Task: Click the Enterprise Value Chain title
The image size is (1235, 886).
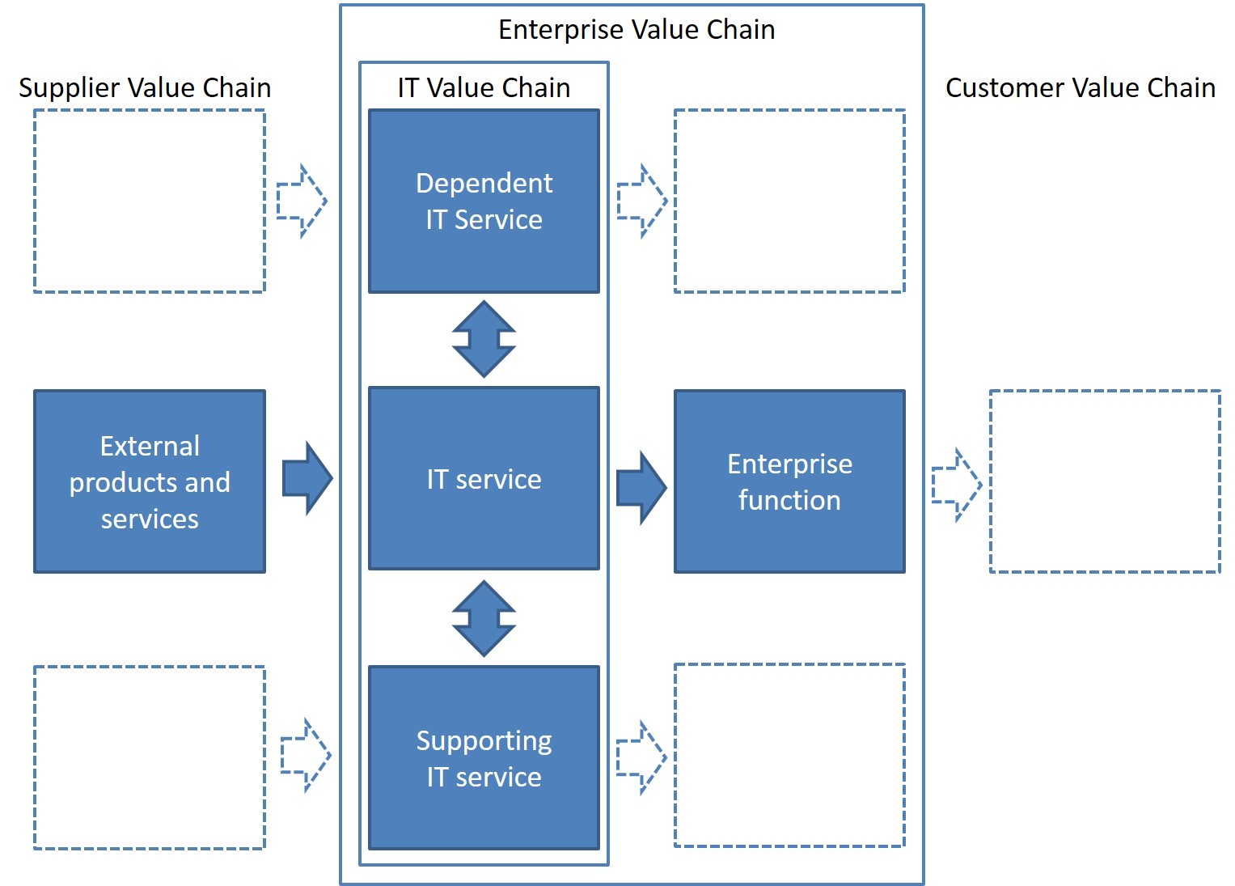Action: coord(637,30)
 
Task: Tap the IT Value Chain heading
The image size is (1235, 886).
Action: coord(484,87)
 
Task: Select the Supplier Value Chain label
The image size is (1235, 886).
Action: coord(145,88)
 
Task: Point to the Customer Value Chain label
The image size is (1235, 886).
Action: coord(1081,87)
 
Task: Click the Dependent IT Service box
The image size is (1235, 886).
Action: coord(484,201)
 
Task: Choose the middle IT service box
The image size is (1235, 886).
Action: coord(484,478)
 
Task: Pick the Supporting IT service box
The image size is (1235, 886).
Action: coord(484,758)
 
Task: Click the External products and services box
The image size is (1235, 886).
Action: coord(150,481)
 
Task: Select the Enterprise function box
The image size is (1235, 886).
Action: coord(789,481)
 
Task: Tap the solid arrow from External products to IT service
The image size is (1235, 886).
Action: coord(307,478)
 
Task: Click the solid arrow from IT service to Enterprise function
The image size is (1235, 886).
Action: coord(641,488)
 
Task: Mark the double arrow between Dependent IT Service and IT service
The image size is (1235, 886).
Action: coord(484,339)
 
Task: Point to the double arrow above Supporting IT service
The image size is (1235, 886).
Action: coord(484,618)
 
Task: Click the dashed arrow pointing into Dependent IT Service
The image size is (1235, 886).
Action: coord(302,201)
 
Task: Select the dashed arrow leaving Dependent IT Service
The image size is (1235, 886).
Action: coord(642,201)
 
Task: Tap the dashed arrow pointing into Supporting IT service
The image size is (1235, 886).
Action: coord(306,755)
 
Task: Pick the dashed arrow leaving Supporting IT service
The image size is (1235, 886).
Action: coord(641,757)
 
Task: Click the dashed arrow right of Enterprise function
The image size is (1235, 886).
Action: coord(957,485)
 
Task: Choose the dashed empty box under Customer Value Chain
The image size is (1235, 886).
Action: coord(1105,481)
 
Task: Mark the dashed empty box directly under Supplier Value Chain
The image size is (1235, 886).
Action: coord(150,201)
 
